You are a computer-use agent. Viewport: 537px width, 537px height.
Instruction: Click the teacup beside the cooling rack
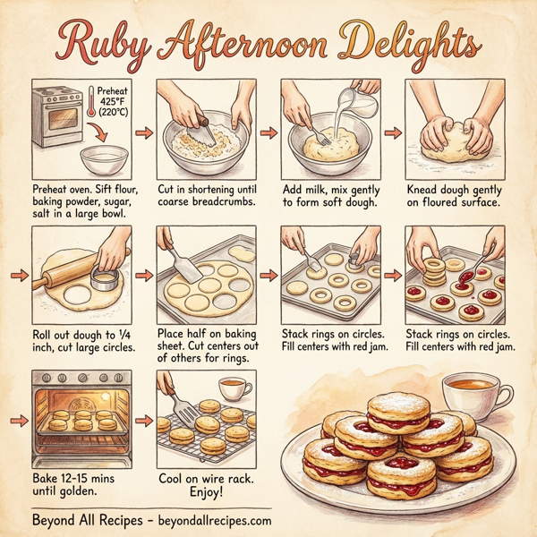pyautogui.click(x=232, y=388)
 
